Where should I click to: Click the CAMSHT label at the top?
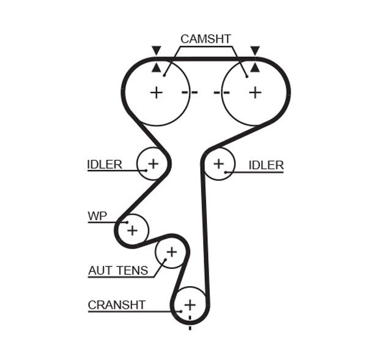tap(206, 39)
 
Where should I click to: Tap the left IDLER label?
tap(105, 164)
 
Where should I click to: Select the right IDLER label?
tap(266, 165)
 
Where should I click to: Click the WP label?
tap(97, 216)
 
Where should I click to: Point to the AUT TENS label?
tap(118, 270)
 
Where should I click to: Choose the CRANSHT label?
tap(116, 304)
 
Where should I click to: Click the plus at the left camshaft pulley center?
tap(157, 92)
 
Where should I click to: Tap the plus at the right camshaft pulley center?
tap(255, 92)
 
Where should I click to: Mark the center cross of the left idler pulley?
tap(153, 163)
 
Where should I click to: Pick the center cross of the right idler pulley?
tap(219, 164)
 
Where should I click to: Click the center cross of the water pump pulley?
tap(132, 230)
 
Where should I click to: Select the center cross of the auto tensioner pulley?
tap(171, 251)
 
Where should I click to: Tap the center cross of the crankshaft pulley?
tap(190, 304)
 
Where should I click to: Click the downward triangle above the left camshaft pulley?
tap(157, 50)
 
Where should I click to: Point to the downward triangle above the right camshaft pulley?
tap(255, 50)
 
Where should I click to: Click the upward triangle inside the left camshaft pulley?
tap(157, 67)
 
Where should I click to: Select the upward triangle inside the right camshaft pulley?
tap(255, 67)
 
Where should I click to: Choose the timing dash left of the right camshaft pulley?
tap(221, 92)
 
